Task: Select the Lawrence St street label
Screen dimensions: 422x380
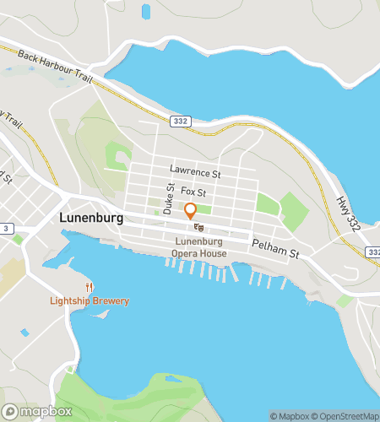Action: [194, 174]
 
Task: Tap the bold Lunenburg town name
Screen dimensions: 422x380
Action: [91, 217]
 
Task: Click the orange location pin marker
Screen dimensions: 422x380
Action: [190, 211]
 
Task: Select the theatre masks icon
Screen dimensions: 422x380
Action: [198, 227]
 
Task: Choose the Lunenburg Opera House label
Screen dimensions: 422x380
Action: [198, 246]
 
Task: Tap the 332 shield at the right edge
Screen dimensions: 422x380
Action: [373, 252]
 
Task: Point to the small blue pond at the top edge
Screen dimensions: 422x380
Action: [147, 11]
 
